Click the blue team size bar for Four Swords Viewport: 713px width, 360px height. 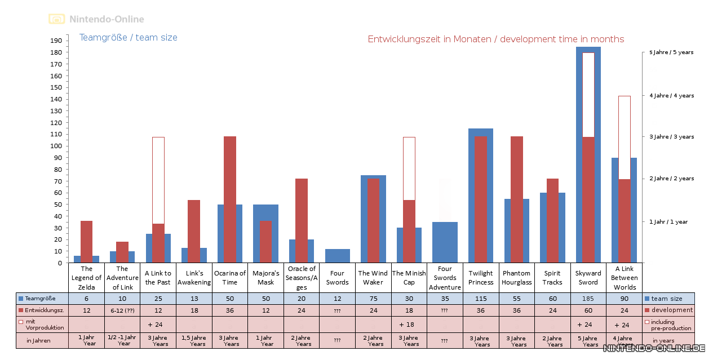pyautogui.click(x=338, y=256)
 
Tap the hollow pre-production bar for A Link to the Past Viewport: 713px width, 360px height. pyautogui.click(x=158, y=180)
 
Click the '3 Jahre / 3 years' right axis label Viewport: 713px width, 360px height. pyautogui.click(x=671, y=137)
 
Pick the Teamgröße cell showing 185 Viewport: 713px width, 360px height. pyautogui.click(x=588, y=299)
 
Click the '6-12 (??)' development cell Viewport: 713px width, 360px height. pyautogui.click(x=122, y=310)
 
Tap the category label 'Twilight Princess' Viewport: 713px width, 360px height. pyautogui.click(x=481, y=278)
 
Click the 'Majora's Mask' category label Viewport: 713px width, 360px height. pyautogui.click(x=265, y=278)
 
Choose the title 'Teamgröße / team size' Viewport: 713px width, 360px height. pyautogui.click(x=129, y=38)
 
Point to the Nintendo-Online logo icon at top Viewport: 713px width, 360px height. pyautogui.click(x=56, y=19)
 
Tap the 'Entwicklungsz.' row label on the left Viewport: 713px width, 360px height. pyautogui.click(x=42, y=310)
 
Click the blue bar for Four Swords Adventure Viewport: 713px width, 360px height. pyautogui.click(x=445, y=242)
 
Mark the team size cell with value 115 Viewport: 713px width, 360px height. pyautogui.click(x=481, y=299)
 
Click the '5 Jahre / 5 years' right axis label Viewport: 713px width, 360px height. pyautogui.click(x=671, y=52)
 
